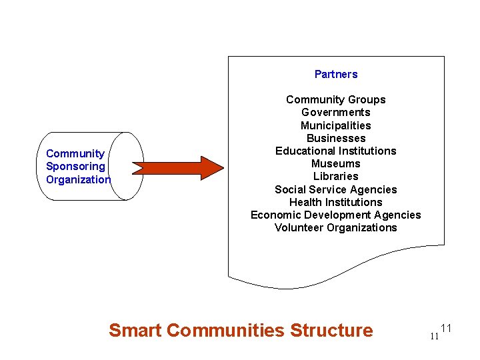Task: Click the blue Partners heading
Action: point(336,74)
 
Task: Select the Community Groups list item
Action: point(335,100)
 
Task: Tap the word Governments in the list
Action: point(335,113)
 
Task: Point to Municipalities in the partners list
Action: point(335,125)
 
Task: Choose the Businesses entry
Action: point(335,138)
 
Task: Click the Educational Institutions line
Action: point(335,151)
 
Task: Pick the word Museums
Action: point(335,163)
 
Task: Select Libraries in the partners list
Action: point(335,176)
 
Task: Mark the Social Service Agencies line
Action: point(335,189)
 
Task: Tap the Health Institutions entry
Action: point(335,202)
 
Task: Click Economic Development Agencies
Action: point(335,215)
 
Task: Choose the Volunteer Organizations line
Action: point(335,227)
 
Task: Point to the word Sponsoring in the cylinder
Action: point(75,167)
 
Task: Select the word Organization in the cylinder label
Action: point(78,179)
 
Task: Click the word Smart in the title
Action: point(135,330)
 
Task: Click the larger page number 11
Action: point(447,328)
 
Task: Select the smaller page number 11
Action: point(434,336)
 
